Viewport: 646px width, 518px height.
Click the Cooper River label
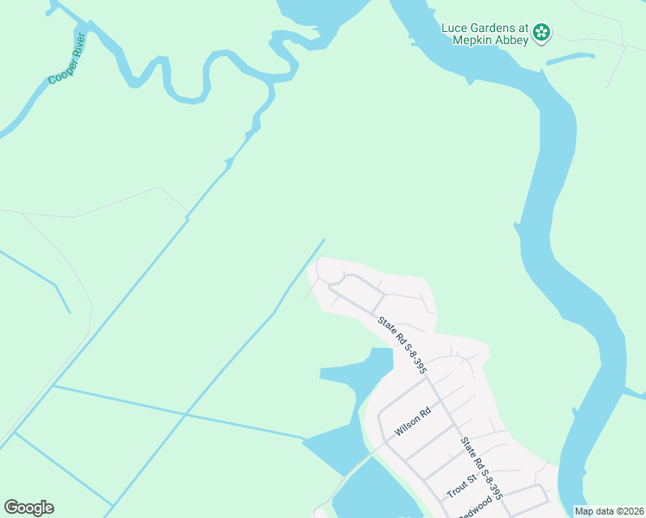click(67, 59)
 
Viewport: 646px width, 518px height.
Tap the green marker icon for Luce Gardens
click(541, 33)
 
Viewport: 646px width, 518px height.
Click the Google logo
click(28, 508)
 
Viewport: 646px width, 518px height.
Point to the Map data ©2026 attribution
click(609, 511)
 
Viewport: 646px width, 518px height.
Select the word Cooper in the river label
click(60, 69)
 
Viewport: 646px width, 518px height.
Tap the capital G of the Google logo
click(11, 508)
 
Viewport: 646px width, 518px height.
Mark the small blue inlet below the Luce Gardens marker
click(570, 59)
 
